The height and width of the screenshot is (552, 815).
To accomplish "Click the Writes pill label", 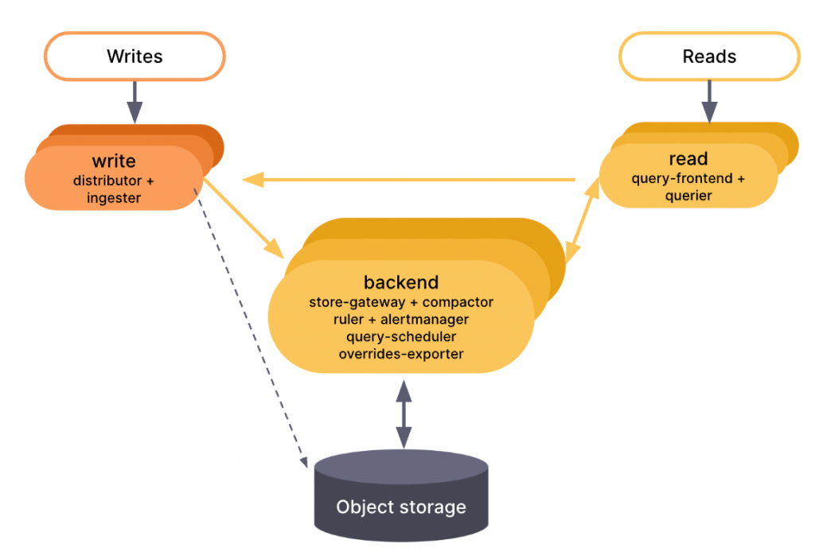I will coord(135,56).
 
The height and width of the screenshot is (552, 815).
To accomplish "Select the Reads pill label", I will coord(709,56).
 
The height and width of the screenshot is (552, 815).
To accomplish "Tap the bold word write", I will coord(114,162).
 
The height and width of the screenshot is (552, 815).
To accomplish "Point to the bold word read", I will coord(688,159).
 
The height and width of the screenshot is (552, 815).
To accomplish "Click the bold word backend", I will coord(401,282).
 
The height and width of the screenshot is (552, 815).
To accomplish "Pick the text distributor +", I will coord(114,181).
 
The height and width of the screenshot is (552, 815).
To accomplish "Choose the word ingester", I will coord(114,198).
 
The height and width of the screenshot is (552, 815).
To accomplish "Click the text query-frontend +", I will coord(688,179).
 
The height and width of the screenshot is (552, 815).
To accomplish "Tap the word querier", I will coord(688,196).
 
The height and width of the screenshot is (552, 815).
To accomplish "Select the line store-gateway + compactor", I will coord(401,302).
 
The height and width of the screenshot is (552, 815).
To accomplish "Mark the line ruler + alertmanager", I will coord(401,320).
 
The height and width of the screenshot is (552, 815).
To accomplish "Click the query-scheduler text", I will coord(401,336).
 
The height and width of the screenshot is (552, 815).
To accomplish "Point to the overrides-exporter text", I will coord(401,354).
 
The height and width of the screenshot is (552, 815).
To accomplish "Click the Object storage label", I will coord(401,507).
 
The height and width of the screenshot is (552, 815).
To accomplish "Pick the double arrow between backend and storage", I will coord(404,414).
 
